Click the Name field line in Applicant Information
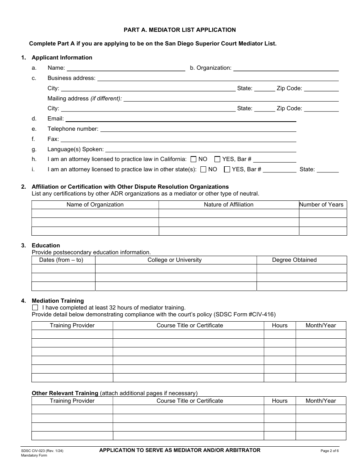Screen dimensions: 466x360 click(x=126, y=68)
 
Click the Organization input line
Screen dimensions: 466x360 click(x=286, y=68)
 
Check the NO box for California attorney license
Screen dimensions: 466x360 click(x=194, y=160)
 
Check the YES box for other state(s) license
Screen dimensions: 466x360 click(x=227, y=170)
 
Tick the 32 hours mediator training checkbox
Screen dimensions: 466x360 click(x=35, y=308)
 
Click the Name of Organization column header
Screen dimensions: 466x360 click(x=95, y=205)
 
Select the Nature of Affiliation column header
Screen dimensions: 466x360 click(x=229, y=205)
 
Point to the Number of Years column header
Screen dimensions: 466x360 click(x=321, y=205)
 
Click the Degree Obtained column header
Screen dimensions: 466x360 click(x=294, y=260)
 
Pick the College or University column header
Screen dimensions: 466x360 click(x=174, y=260)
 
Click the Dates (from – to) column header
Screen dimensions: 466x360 click(x=61, y=260)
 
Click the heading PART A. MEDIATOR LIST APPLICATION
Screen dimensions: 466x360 click(x=180, y=30)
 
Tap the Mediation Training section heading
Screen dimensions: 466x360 click(x=58, y=301)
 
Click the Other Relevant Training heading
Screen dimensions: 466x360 click(x=65, y=393)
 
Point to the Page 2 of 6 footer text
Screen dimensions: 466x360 click(x=329, y=451)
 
